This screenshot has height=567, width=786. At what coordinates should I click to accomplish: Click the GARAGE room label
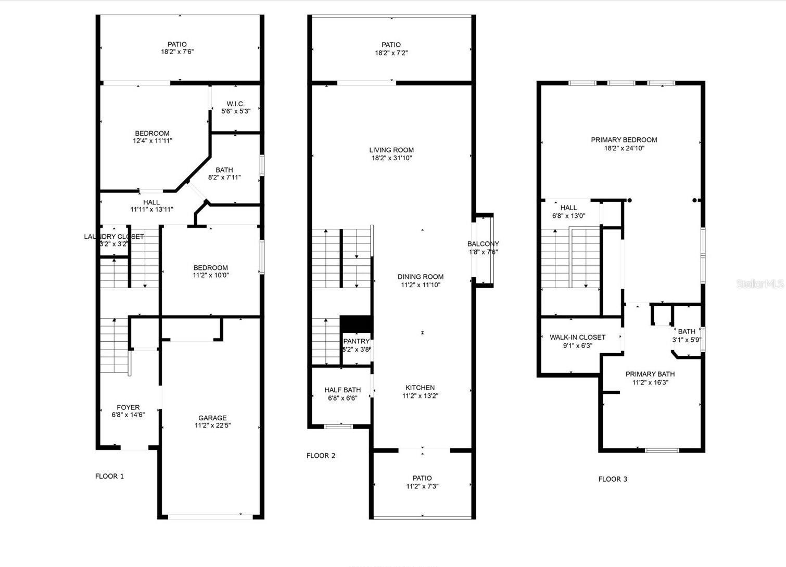[212, 418]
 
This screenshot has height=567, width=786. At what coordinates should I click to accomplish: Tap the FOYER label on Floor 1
[128, 407]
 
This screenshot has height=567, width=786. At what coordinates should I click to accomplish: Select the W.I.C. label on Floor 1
[235, 104]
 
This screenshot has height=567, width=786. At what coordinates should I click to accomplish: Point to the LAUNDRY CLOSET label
[114, 237]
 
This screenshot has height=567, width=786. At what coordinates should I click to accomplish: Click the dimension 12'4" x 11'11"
[152, 141]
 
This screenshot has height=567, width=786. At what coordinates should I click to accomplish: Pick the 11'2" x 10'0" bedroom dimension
[211, 276]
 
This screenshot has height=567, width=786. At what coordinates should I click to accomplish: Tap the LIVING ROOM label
[391, 150]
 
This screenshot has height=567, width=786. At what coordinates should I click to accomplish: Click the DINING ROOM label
[421, 277]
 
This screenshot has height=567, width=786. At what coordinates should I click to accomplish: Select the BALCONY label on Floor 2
[483, 244]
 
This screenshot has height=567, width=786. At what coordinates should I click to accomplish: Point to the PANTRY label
[357, 341]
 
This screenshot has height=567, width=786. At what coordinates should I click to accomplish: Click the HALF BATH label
[343, 390]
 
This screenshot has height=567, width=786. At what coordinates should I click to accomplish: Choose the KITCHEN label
[420, 388]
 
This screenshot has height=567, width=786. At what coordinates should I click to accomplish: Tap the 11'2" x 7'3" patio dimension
[422, 486]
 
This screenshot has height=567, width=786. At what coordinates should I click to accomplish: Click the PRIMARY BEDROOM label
[624, 139]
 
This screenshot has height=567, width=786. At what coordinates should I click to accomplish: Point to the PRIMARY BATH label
[650, 374]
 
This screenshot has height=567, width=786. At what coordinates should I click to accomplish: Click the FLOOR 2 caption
[321, 456]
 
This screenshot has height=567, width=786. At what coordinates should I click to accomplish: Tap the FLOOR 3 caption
[613, 479]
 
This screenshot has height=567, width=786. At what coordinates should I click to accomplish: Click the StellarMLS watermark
[760, 284]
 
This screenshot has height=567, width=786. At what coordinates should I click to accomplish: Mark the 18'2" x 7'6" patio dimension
[177, 52]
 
